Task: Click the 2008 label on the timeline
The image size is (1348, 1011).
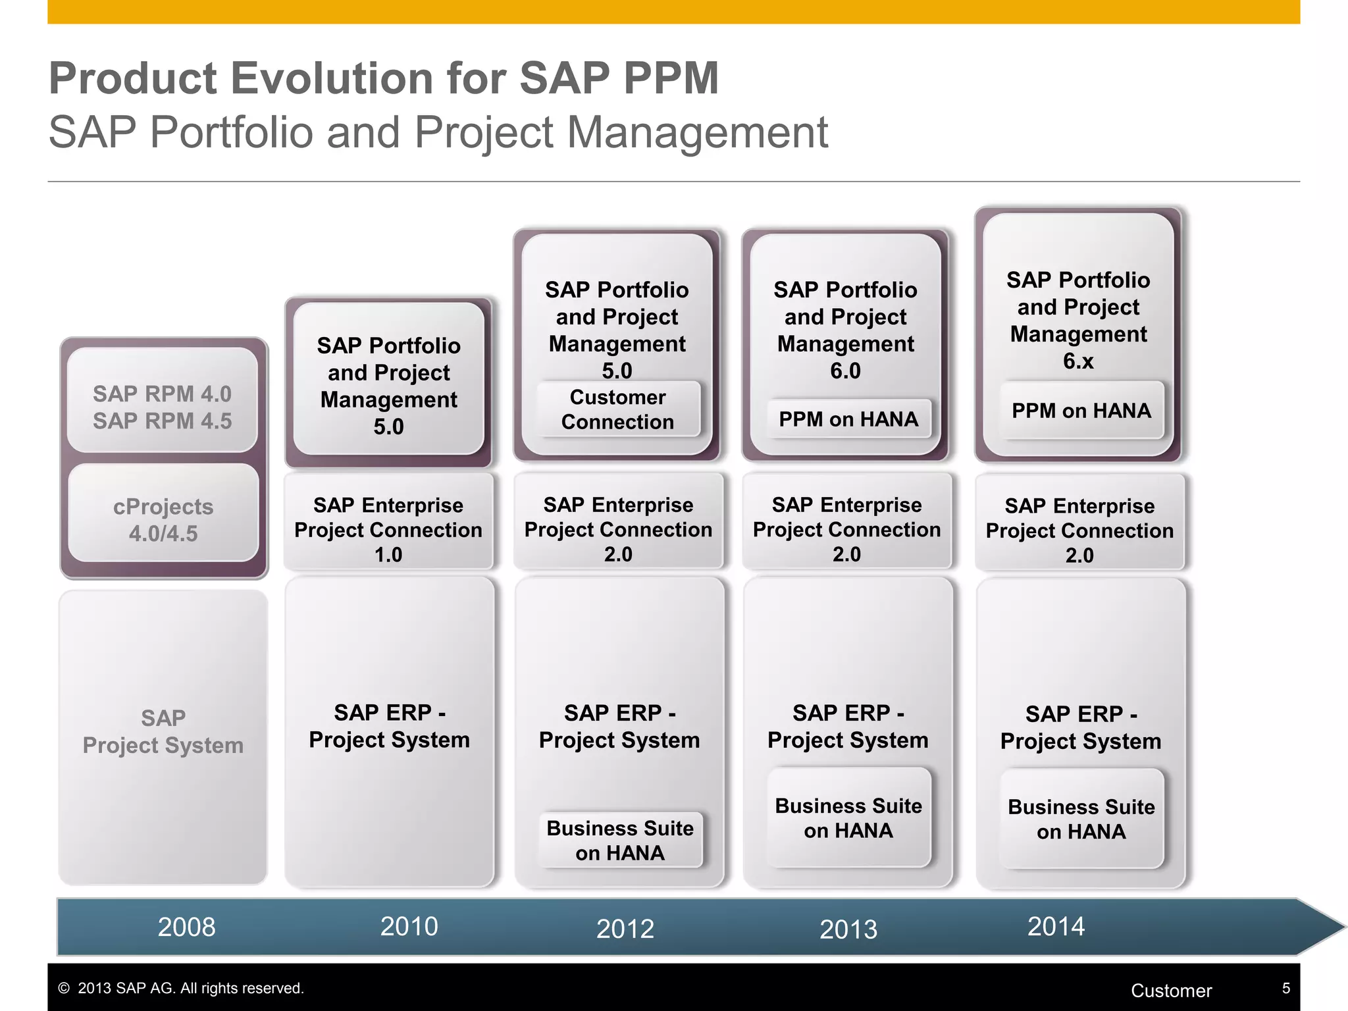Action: (186, 927)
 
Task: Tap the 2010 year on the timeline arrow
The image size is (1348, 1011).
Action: (409, 926)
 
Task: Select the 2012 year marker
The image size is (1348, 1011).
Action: (625, 929)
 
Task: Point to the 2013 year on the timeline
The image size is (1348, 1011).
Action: (848, 929)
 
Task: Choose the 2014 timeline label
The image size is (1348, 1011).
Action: (1056, 926)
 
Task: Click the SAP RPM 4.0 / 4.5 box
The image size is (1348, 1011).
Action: (163, 407)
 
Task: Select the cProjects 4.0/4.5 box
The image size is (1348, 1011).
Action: (163, 519)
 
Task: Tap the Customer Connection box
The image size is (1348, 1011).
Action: (617, 409)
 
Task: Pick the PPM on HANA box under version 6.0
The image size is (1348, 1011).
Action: (848, 419)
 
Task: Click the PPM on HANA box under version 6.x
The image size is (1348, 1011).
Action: (1081, 411)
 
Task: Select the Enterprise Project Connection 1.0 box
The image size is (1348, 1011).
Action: (388, 529)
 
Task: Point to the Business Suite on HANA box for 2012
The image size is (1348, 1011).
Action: (620, 840)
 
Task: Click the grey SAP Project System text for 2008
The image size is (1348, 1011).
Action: (163, 731)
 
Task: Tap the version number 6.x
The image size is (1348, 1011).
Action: (1078, 361)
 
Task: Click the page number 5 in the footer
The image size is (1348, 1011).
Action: (1285, 988)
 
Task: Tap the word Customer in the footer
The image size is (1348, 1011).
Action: (1171, 991)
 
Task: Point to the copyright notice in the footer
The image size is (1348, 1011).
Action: (181, 988)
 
